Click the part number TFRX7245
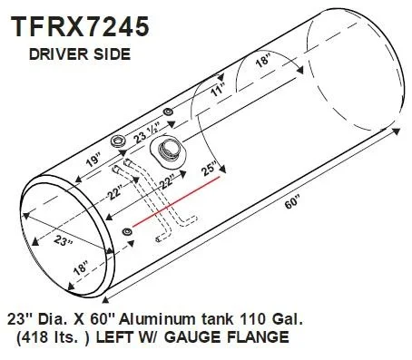point(80,27)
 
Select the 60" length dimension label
point(292,202)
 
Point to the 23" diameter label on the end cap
point(64,241)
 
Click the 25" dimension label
point(210,169)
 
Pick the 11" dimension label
point(218,91)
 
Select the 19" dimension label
point(93,161)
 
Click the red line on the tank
point(176,201)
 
